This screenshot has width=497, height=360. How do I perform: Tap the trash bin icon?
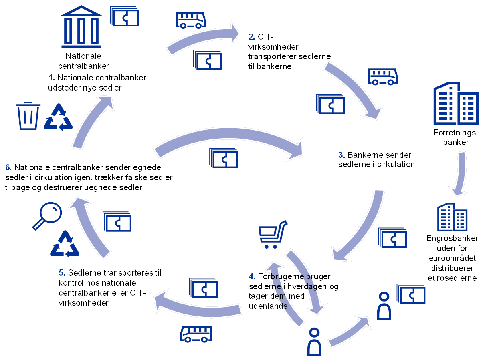[x=28, y=117]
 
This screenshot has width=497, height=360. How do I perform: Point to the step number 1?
[x=51, y=77]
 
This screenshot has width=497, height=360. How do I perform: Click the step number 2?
[x=251, y=37]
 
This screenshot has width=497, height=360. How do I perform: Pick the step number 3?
[x=341, y=155]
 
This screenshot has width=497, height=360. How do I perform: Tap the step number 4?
[x=252, y=277]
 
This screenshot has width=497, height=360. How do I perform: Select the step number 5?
[x=62, y=273]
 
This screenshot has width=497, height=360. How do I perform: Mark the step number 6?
[x=8, y=167]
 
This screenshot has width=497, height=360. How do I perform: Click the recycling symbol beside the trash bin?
[x=59, y=117]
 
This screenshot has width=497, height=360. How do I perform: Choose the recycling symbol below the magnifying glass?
[x=65, y=244]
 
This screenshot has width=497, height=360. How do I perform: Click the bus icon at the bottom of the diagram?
[x=196, y=334]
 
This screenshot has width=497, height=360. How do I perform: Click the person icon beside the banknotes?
[x=384, y=306]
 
